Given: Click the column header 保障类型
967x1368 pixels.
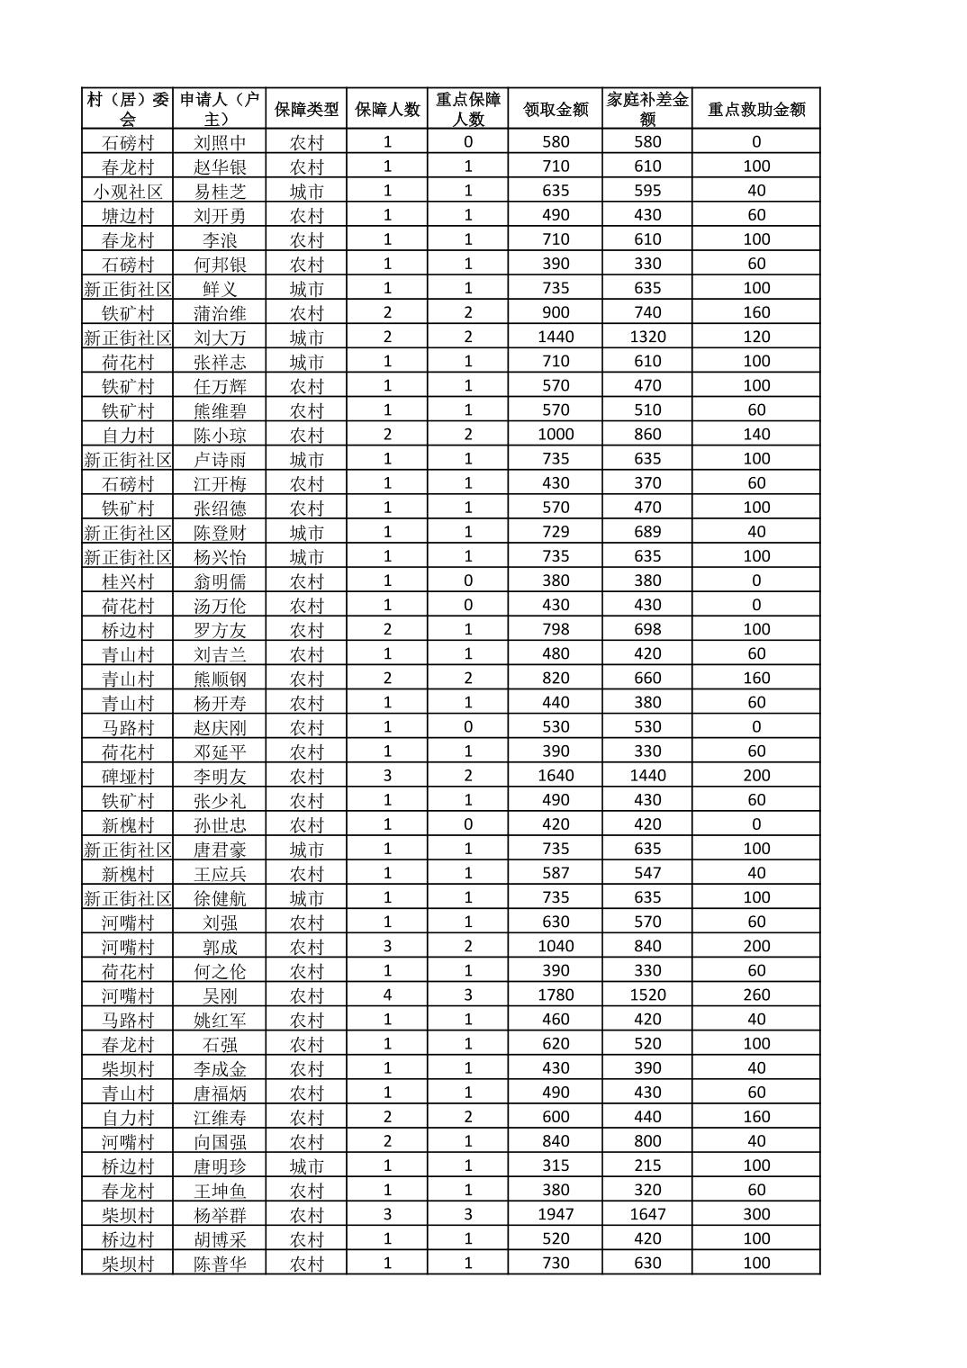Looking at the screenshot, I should pyautogui.click(x=306, y=110).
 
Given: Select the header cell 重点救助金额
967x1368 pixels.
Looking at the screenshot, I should pyautogui.click(x=756, y=110).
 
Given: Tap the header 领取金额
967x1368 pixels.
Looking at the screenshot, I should pyautogui.click(x=556, y=110).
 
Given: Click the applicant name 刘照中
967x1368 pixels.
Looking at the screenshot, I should pyautogui.click(x=220, y=142).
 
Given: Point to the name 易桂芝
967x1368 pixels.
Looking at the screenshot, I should pyautogui.click(x=220, y=191).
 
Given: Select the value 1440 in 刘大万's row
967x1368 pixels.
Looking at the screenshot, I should pyautogui.click(x=556, y=337).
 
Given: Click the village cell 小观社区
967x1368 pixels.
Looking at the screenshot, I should pyautogui.click(x=128, y=191).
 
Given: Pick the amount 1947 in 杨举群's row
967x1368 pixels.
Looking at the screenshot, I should pyautogui.click(x=556, y=1214).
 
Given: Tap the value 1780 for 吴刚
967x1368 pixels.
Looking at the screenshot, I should pyautogui.click(x=556, y=994).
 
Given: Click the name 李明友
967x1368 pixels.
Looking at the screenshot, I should pyautogui.click(x=220, y=776).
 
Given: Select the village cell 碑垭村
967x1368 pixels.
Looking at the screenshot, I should pyautogui.click(x=128, y=776).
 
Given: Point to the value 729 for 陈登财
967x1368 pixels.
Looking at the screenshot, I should pyautogui.click(x=556, y=532).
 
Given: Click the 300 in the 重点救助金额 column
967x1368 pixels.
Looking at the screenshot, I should pyautogui.click(x=756, y=1214).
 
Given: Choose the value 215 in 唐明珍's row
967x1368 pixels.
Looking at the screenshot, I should pyautogui.click(x=647, y=1165).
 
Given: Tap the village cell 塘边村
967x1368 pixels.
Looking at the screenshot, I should pyautogui.click(x=128, y=215).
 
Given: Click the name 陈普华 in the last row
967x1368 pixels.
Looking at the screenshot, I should pyautogui.click(x=220, y=1263).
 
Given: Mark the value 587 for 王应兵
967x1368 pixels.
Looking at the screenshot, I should pyautogui.click(x=556, y=873).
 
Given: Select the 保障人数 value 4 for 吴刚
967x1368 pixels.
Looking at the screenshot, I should pyautogui.click(x=387, y=994).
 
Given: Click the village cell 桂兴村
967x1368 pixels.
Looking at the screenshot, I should pyautogui.click(x=128, y=580).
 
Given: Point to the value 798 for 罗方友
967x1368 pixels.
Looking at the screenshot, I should pyautogui.click(x=556, y=629).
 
